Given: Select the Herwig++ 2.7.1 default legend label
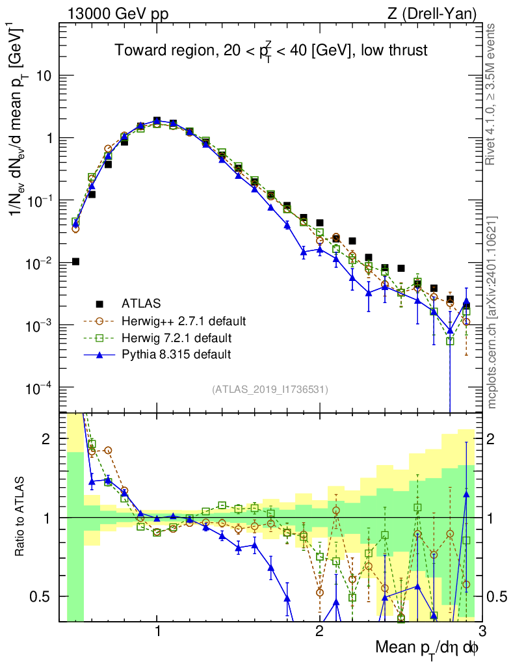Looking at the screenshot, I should (x=184, y=321).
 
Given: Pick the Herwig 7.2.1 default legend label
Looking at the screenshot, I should (x=177, y=338).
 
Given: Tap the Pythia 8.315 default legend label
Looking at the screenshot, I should (x=176, y=355).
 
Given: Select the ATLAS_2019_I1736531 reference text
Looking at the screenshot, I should (x=270, y=390).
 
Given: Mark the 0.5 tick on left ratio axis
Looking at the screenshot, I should (x=44, y=596).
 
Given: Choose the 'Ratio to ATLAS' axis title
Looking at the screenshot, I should (x=20, y=517).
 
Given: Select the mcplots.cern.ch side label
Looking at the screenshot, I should (x=492, y=312).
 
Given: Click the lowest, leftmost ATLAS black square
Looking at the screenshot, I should (x=76, y=261).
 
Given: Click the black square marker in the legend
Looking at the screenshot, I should (x=99, y=304).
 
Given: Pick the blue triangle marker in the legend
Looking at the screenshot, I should (x=99, y=355).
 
